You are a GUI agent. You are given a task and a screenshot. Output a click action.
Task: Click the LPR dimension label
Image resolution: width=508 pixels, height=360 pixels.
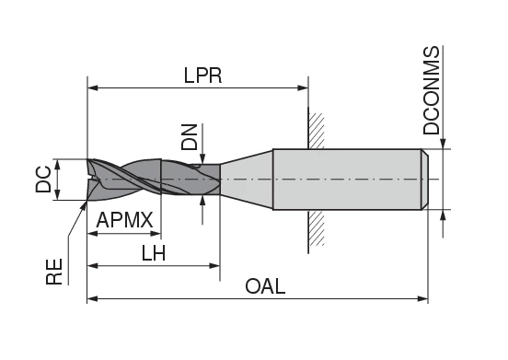click(x=202, y=75)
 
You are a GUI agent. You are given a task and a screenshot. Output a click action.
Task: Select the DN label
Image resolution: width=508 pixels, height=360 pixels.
click(x=190, y=138)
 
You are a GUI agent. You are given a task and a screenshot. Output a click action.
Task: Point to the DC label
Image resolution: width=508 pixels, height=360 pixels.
click(x=43, y=179)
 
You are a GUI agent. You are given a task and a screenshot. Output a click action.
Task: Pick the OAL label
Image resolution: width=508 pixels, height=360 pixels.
click(x=265, y=286)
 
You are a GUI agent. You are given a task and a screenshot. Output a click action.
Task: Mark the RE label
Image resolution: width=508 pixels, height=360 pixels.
click(x=56, y=272)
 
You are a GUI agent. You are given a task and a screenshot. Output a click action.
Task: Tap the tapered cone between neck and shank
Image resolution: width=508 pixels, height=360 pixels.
click(x=247, y=179)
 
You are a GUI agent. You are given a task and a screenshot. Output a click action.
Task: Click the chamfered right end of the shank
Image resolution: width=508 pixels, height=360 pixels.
click(x=425, y=179)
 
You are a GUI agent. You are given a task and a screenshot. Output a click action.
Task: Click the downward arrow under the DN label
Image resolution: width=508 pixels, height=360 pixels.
click(x=202, y=159)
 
